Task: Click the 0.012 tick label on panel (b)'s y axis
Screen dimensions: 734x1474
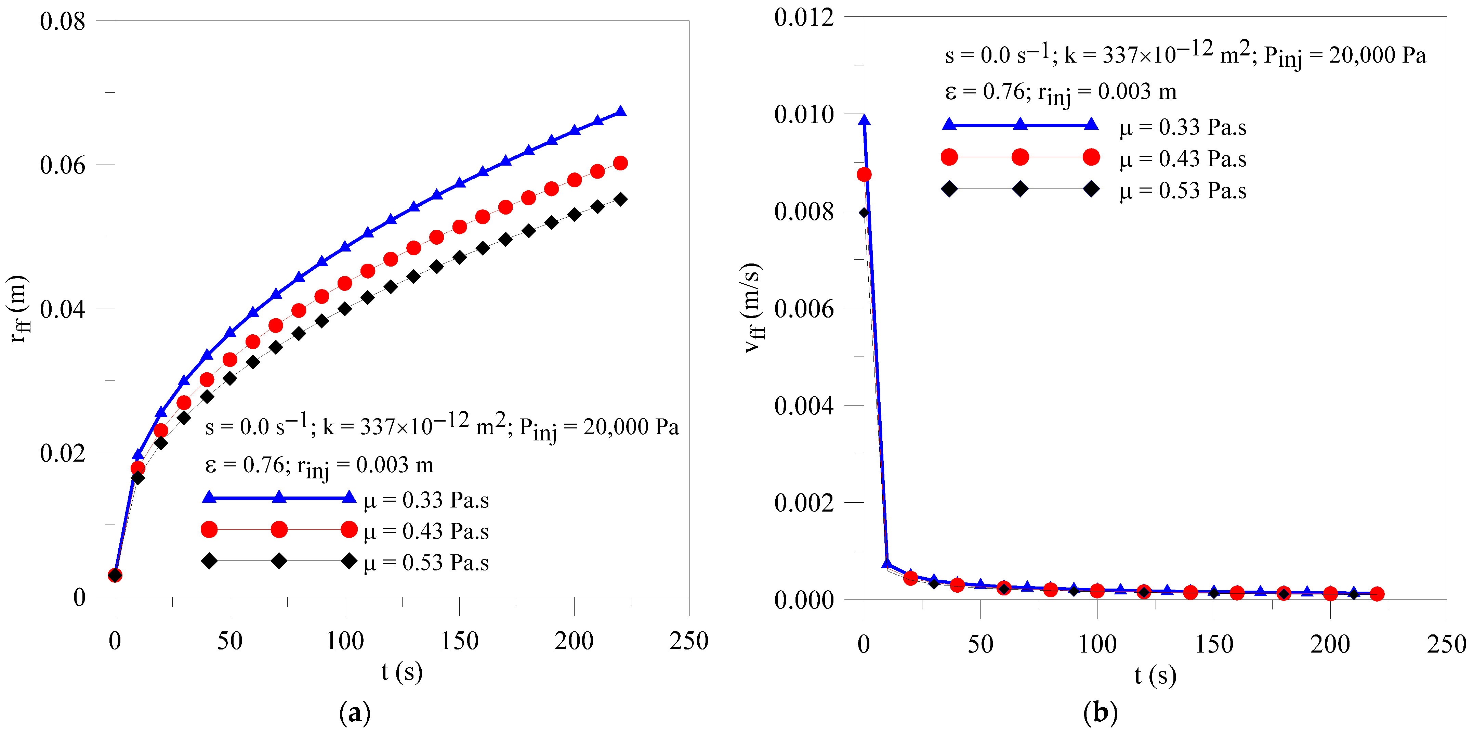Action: click(804, 17)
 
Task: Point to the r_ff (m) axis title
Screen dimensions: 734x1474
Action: click(19, 309)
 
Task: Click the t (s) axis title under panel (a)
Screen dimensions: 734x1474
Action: click(402, 672)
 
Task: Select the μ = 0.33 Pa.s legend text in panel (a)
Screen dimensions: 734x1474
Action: click(426, 500)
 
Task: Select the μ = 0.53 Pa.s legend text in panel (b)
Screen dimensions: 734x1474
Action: click(1183, 191)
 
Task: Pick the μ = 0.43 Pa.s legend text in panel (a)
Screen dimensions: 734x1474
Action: click(426, 532)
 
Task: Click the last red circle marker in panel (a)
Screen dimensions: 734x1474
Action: click(620, 163)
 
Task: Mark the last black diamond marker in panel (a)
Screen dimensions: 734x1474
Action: click(620, 199)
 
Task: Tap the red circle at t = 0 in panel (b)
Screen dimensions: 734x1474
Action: click(864, 174)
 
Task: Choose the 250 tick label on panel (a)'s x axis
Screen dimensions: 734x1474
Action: click(689, 641)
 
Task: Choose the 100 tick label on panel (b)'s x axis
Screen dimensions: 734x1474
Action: click(1097, 645)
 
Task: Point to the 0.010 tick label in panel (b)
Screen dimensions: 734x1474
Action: click(804, 115)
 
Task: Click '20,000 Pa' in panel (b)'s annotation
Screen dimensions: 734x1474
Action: click(1377, 55)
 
